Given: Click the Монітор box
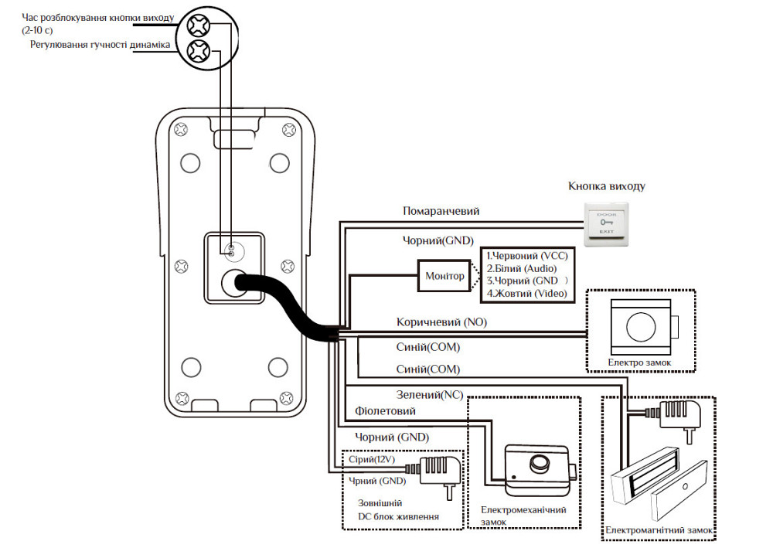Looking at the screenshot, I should [445, 276].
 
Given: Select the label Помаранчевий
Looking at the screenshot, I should [441, 211].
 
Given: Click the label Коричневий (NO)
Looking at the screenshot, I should [441, 322].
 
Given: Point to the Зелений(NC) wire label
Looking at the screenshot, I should [429, 394].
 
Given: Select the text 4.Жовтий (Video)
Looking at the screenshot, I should [526, 294].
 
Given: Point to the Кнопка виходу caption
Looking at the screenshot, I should [606, 186].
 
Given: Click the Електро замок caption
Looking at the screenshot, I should [638, 361].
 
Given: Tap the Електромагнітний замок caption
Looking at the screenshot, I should [659, 531].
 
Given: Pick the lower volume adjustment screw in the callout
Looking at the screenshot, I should [199, 53].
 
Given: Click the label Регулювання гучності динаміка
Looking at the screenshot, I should [100, 46].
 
